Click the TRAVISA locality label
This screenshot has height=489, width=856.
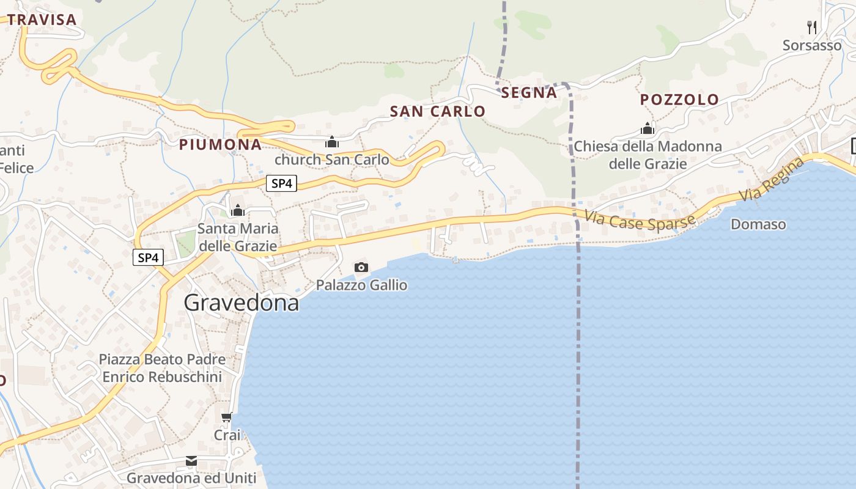click(42, 20)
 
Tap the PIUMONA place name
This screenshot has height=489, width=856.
click(220, 144)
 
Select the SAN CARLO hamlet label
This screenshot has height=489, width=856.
click(438, 111)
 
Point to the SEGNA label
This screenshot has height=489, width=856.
click(529, 92)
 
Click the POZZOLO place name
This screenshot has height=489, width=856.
click(679, 99)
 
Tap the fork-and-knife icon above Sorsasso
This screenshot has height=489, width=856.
click(812, 27)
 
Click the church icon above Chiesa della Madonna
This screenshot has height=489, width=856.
click(648, 129)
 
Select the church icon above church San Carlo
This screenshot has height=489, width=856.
click(332, 142)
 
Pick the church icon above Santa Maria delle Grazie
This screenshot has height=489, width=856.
click(237, 211)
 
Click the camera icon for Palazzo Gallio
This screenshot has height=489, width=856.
click(361, 267)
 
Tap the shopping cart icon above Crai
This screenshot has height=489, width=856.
click(227, 417)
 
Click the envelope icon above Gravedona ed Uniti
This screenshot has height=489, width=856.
click(191, 461)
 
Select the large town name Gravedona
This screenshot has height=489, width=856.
click(242, 303)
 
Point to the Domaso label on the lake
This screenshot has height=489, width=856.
click(758, 224)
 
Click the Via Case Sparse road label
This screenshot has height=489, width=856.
click(640, 220)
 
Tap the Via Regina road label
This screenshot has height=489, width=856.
click(772, 179)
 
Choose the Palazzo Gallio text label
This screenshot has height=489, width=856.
click(361, 285)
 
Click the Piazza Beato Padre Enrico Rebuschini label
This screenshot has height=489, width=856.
click(162, 368)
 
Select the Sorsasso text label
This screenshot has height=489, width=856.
click(812, 45)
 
